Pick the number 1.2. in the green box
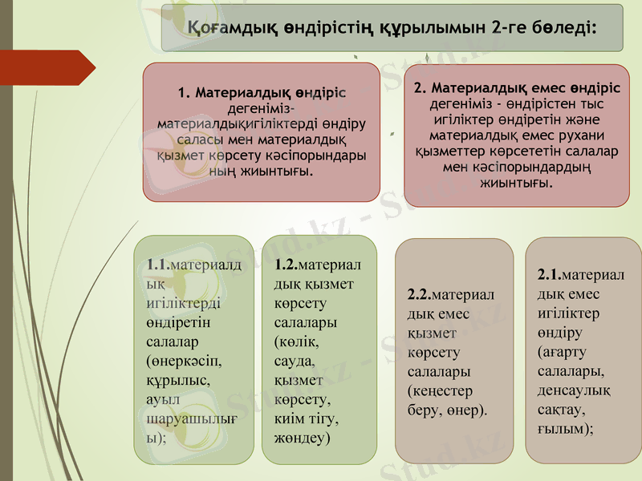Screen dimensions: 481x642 click(x=286, y=265)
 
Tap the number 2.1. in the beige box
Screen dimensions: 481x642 click(x=550, y=275)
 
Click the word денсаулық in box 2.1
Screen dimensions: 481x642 click(x=574, y=390)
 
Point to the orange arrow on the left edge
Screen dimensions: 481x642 click(x=56, y=67)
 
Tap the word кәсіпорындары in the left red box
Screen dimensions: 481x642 click(x=318, y=156)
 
